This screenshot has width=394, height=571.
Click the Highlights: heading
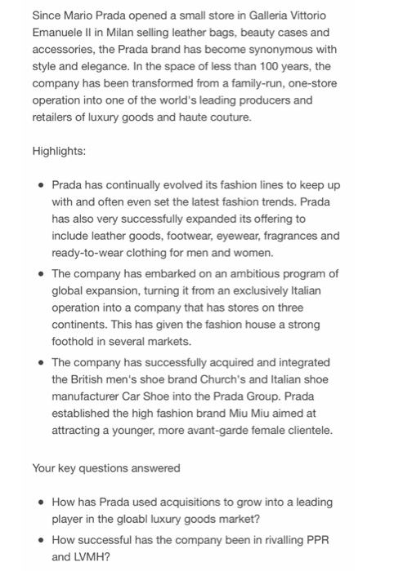click(x=60, y=152)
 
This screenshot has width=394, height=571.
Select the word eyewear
click(x=241, y=236)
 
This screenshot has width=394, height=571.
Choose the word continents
click(x=85, y=325)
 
